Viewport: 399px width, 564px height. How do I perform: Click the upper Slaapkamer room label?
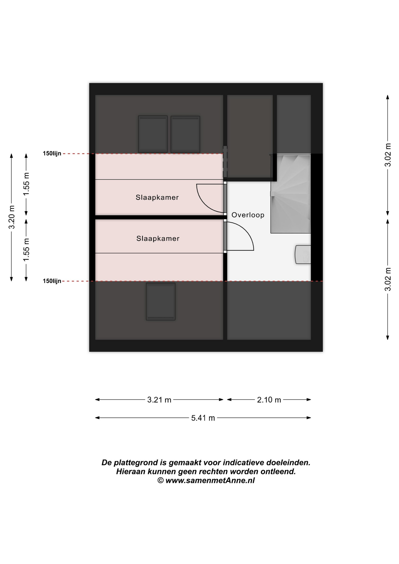pyautogui.click(x=157, y=197)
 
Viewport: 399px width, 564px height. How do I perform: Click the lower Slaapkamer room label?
pyautogui.click(x=158, y=239)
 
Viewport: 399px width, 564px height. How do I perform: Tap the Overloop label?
pyautogui.click(x=248, y=215)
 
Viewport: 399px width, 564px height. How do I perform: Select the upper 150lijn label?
pyautogui.click(x=52, y=153)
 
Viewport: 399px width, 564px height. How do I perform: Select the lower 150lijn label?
pyautogui.click(x=52, y=281)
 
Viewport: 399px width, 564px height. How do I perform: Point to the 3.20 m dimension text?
pyautogui.click(x=11, y=217)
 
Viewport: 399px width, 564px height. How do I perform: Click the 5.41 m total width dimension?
pyautogui.click(x=203, y=418)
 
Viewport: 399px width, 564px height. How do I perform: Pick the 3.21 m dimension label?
pyautogui.click(x=159, y=400)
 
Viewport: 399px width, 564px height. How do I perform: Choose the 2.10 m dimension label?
pyautogui.click(x=269, y=400)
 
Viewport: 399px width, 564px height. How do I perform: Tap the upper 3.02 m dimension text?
pyautogui.click(x=388, y=155)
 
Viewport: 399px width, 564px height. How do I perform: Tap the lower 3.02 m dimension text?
pyautogui.click(x=388, y=279)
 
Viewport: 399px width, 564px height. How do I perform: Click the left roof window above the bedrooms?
pyautogui.click(x=153, y=134)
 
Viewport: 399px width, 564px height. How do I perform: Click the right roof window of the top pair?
pyautogui.click(x=185, y=134)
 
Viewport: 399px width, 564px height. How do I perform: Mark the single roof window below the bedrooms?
pyautogui.click(x=161, y=301)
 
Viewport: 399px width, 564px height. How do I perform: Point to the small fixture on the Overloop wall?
pyautogui.click(x=303, y=254)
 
